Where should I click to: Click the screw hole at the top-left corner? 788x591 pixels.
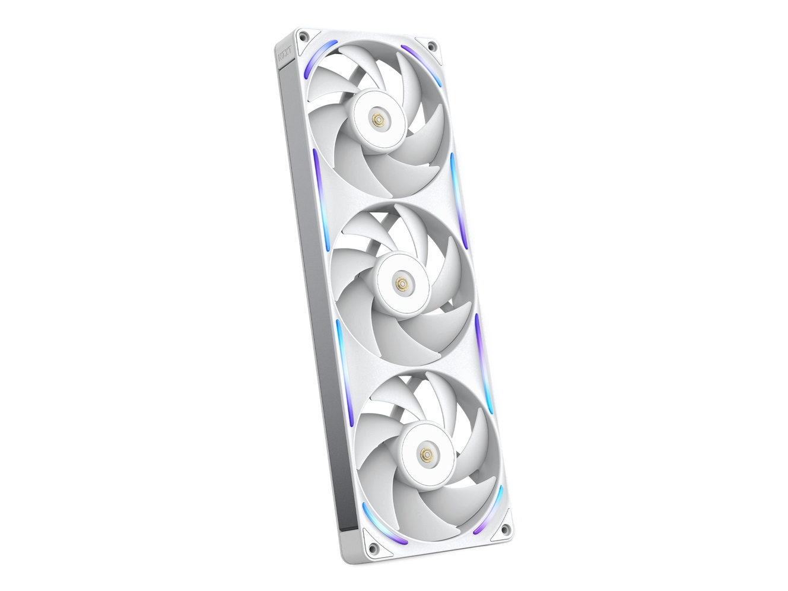coord(303,36)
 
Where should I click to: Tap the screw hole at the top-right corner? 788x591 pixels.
coord(432,46)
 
